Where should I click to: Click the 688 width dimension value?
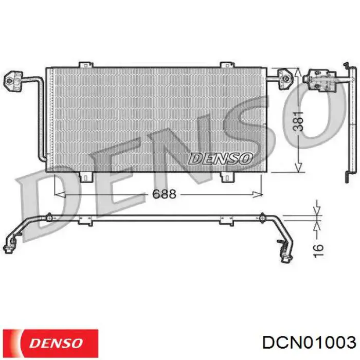click(164, 194)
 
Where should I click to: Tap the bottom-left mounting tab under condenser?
click(84, 176)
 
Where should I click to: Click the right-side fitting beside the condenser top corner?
click(283, 79)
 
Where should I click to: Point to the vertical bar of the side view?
click(347, 123)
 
